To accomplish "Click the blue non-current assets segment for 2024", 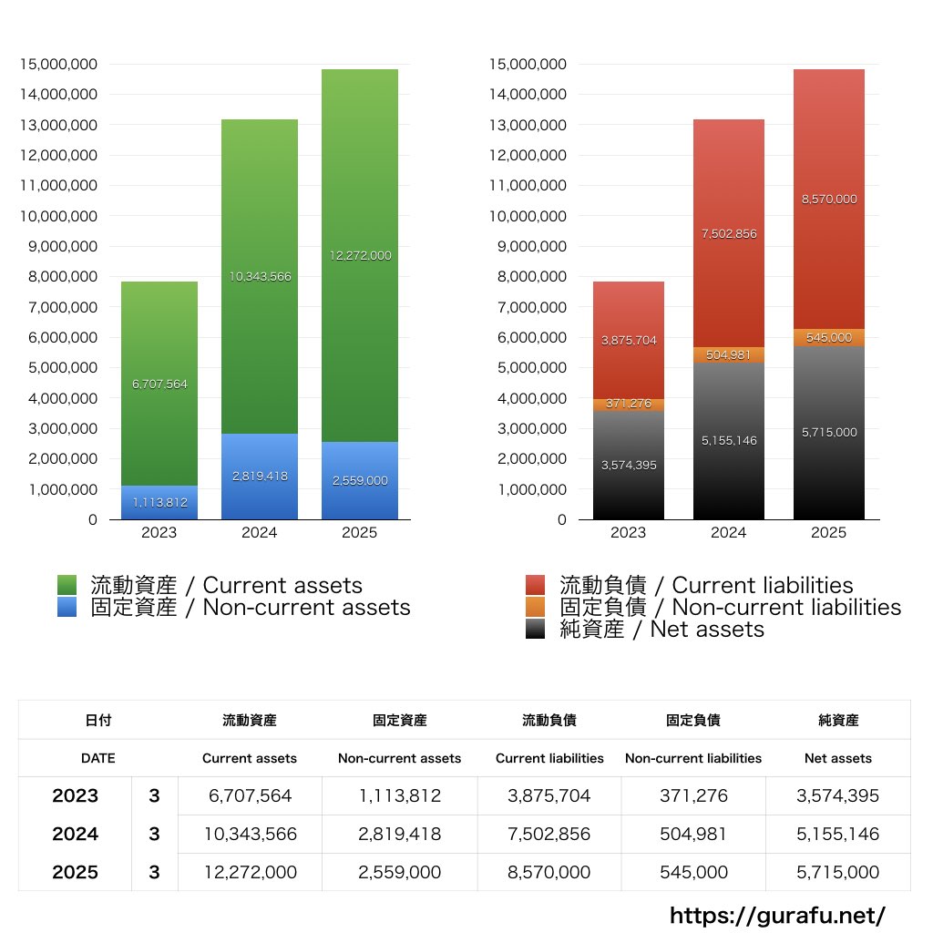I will [260, 477].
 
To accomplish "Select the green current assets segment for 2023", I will [159, 383].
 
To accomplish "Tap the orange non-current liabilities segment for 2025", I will [829, 337].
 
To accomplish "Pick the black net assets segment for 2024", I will [729, 441].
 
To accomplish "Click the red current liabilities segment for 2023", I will [629, 340].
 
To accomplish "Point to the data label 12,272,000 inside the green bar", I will [360, 256].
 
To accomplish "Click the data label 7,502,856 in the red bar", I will [729, 234].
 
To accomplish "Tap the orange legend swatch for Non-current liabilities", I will [536, 607].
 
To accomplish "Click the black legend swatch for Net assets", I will [536, 629].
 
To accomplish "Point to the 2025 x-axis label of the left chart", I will [360, 533].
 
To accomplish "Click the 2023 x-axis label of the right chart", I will [629, 533].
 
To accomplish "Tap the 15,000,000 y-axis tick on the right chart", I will [528, 64].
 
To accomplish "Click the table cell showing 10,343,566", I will [250, 834].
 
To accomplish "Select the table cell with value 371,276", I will [693, 795].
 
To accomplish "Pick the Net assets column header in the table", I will [838, 758].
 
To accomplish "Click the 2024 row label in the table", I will [75, 834].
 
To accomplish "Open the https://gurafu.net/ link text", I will [777, 915].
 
